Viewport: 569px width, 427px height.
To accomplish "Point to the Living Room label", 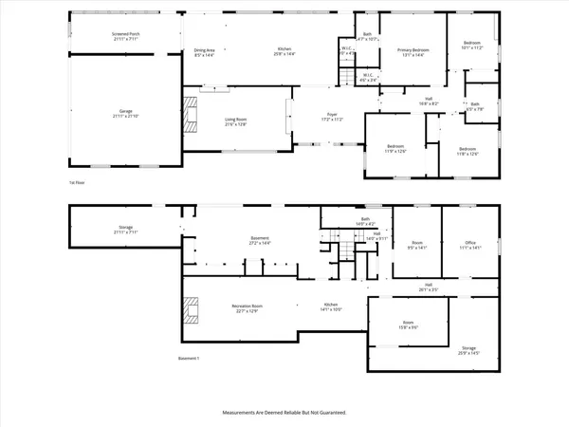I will [x=236, y=121].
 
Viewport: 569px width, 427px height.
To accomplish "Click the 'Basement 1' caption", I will [x=190, y=358].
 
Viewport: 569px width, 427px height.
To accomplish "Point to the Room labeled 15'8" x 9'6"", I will [x=408, y=327].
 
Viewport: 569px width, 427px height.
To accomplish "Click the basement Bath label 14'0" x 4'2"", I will [x=364, y=221].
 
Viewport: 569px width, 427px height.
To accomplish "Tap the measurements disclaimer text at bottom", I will [x=284, y=414].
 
